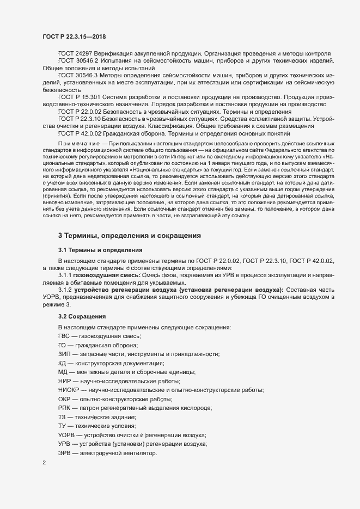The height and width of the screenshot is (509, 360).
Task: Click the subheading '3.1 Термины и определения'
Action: pyautogui.click(x=100, y=250)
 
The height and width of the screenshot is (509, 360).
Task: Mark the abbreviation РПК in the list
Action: pyautogui.click(x=65, y=409)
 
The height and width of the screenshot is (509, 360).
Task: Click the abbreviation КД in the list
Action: pyautogui.click(x=63, y=363)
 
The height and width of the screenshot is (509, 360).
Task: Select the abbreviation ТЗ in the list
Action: pyautogui.click(x=62, y=418)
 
